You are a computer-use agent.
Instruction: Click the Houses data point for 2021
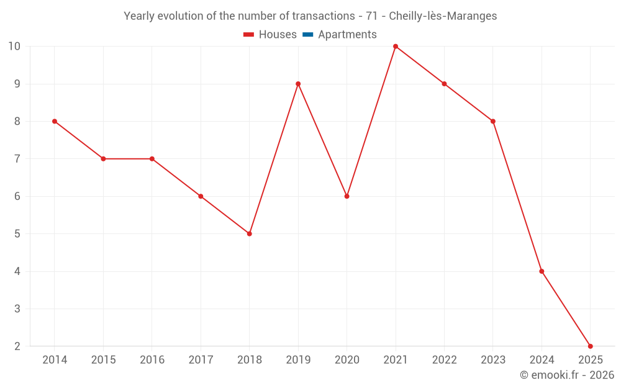[x=396, y=47]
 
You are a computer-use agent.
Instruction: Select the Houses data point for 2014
[x=55, y=121]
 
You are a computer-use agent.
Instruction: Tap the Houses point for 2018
[x=249, y=234]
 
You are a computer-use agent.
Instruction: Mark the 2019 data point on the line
[x=298, y=84]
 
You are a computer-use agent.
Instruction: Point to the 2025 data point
[x=590, y=346]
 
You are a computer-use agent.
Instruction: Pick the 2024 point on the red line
[x=542, y=271]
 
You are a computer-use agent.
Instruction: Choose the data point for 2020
[x=347, y=196]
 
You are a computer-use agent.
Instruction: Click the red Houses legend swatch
[x=249, y=35]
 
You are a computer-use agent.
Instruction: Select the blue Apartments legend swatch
[x=308, y=35]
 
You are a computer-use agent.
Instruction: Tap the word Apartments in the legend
[x=347, y=35]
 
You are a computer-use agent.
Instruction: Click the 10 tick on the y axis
[x=14, y=47]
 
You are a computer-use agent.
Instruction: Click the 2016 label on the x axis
[x=152, y=360]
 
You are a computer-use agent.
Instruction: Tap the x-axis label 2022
[x=444, y=360]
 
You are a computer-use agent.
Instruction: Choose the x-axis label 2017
[x=201, y=360]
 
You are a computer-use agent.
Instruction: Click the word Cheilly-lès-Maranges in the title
[x=443, y=16]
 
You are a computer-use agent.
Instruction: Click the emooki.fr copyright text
[x=567, y=375]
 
